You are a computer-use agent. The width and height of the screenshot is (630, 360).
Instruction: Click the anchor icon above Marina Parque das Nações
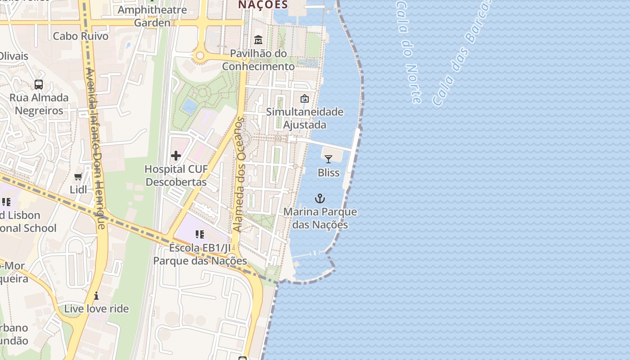tap(319, 198)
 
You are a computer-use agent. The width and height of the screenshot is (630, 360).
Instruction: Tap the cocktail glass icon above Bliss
tap(328, 159)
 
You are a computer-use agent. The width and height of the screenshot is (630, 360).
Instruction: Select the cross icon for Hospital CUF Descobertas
tap(176, 156)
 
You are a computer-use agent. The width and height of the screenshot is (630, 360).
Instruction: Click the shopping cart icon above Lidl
tap(78, 176)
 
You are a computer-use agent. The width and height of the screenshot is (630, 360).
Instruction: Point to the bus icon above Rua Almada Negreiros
tap(39, 84)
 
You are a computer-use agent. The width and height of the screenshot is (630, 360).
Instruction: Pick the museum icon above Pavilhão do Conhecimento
tap(258, 40)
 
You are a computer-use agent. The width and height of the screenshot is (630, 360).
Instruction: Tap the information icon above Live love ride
tap(96, 296)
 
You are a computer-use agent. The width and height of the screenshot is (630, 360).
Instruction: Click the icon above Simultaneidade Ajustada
tap(305, 98)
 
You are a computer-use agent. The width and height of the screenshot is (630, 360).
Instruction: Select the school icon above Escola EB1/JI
tap(200, 234)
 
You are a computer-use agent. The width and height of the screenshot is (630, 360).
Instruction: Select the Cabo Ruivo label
tap(81, 36)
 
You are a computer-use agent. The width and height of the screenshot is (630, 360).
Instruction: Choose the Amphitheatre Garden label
tap(152, 16)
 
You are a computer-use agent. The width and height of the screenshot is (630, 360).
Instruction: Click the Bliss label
tap(328, 172)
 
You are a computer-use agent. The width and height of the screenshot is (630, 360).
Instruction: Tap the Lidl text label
tap(78, 189)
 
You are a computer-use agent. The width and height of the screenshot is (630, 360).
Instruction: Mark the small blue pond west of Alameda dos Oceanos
tap(189, 106)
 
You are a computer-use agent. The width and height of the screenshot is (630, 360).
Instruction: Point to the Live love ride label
tap(96, 309)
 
